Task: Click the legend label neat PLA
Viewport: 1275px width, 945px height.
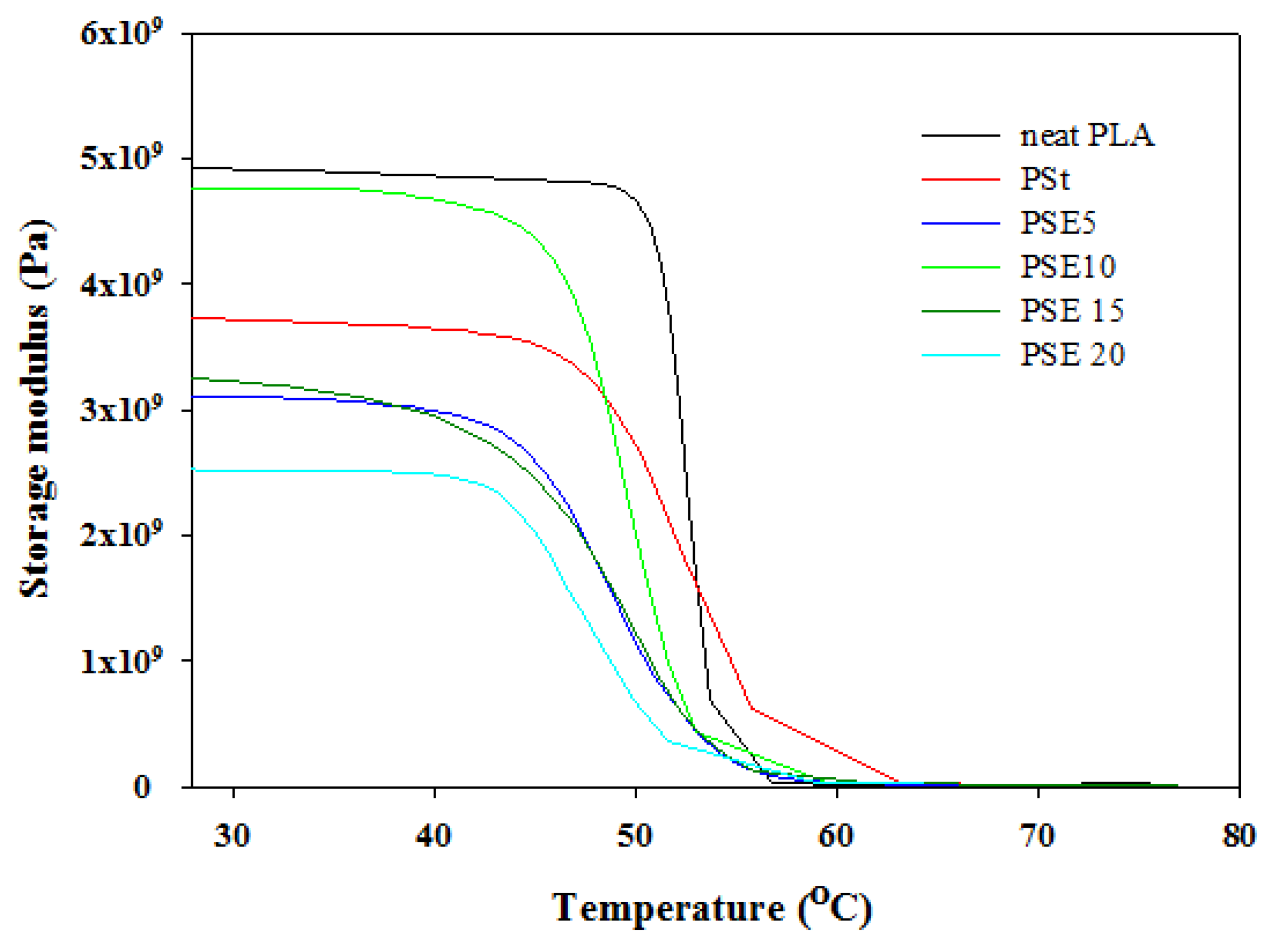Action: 1086,136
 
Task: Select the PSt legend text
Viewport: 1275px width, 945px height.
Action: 1045,180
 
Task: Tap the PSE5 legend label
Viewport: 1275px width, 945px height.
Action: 1058,223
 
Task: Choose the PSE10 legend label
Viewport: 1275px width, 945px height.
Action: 1068,267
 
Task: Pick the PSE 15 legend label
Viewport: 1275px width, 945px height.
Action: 1072,311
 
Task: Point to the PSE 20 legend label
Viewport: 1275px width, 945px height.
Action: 1072,355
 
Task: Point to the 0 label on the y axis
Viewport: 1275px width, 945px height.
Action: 142,787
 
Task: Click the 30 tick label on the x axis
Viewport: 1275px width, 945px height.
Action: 232,836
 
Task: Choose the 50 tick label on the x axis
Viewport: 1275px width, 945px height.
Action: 635,836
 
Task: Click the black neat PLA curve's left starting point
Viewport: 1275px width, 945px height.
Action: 193,168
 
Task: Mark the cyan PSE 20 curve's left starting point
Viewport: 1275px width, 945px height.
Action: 193,470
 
